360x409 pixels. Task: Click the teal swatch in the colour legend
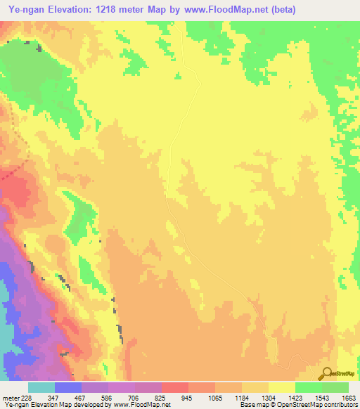(41, 387)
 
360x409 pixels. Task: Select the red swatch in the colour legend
(174, 387)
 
